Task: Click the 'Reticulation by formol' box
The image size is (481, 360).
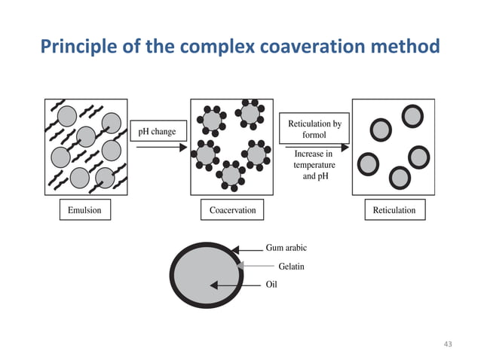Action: pyautogui.click(x=314, y=129)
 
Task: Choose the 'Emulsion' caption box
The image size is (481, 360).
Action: pyautogui.click(x=84, y=210)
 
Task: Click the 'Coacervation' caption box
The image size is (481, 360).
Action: pyautogui.click(x=232, y=210)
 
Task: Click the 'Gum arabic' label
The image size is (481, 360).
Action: pyautogui.click(x=286, y=247)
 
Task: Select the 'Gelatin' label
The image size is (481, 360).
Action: pyautogui.click(x=291, y=266)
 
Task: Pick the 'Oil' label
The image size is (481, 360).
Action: pyautogui.click(x=272, y=285)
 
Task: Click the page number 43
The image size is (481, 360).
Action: pyautogui.click(x=448, y=344)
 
